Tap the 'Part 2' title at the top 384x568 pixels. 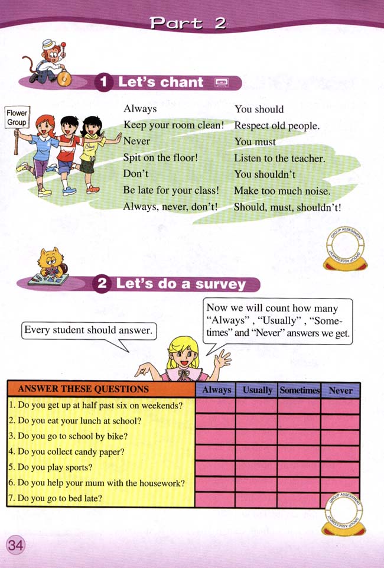click(x=187, y=23)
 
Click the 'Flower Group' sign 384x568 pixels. click(x=17, y=118)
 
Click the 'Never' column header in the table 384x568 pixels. click(x=340, y=390)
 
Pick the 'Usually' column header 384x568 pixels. click(x=256, y=390)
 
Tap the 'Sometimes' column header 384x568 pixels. click(x=299, y=390)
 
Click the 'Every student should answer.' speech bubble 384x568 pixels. click(x=87, y=330)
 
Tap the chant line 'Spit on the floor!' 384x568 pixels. click(x=160, y=158)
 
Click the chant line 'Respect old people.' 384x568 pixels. click(x=276, y=126)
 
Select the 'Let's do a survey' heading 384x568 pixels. click(x=180, y=284)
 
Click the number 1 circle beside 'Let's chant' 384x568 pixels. click(x=104, y=83)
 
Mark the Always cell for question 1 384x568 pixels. click(x=215, y=406)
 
